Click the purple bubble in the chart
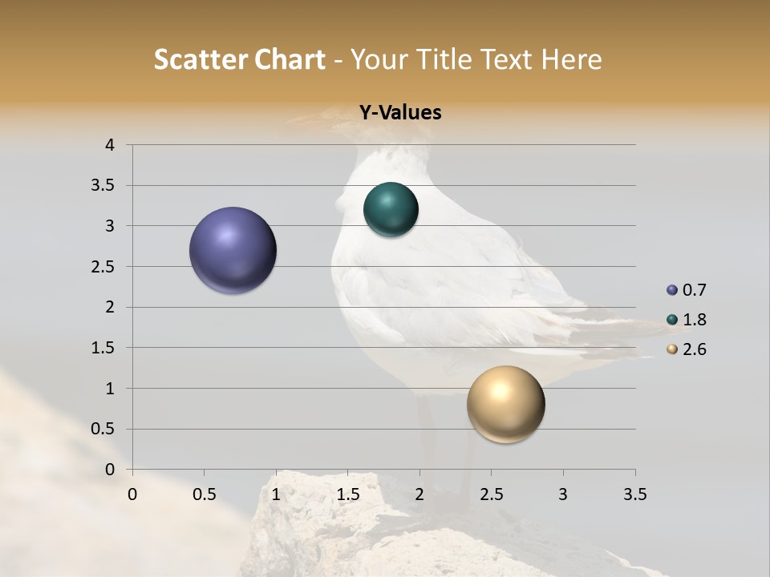[233, 250]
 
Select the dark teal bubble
[391, 210]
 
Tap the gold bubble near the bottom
[505, 404]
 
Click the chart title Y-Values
[399, 113]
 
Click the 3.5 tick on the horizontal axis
[634, 494]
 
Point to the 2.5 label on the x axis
[491, 494]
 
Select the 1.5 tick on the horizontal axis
[347, 494]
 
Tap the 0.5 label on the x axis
[204, 494]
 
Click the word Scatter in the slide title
[200, 59]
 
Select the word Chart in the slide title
[290, 59]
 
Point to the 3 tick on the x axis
[563, 494]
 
